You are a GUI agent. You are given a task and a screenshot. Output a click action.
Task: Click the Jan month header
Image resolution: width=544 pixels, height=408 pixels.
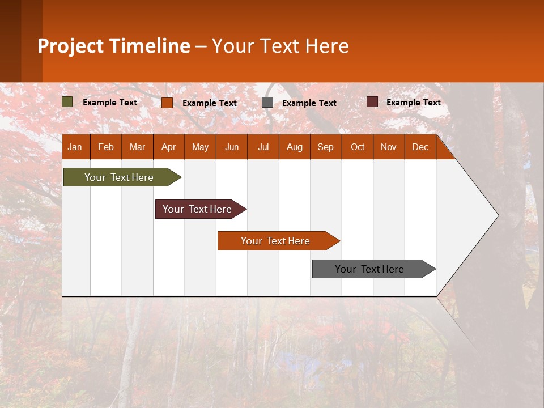(x=75, y=147)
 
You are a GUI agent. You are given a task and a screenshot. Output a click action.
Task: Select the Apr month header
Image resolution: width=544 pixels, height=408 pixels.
(x=168, y=147)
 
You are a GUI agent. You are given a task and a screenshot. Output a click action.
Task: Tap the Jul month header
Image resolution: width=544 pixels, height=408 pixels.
(x=263, y=147)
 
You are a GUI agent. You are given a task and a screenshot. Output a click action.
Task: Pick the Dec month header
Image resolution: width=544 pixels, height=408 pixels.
(x=420, y=147)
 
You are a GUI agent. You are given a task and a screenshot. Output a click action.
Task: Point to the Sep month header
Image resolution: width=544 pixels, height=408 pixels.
(x=325, y=147)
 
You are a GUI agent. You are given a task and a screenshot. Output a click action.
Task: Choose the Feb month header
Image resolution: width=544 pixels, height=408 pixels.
(x=106, y=147)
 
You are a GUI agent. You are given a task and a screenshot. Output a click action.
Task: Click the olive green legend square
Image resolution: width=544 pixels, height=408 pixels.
(x=67, y=102)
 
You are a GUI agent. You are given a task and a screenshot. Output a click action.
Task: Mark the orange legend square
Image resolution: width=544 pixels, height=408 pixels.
(x=167, y=103)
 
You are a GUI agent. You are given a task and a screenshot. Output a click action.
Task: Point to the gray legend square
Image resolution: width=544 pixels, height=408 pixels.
(x=267, y=103)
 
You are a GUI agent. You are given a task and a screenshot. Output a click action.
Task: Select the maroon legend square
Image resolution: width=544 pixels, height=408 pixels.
(x=372, y=102)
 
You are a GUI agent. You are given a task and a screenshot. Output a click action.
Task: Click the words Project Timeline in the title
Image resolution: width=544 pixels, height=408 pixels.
(x=114, y=46)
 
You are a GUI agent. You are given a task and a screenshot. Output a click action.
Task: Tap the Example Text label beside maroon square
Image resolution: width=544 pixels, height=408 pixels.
(x=413, y=103)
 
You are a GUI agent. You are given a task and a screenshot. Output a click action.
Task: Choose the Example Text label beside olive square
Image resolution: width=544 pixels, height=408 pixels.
(x=109, y=103)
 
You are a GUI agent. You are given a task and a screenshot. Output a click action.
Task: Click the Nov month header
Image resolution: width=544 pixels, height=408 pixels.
(x=388, y=147)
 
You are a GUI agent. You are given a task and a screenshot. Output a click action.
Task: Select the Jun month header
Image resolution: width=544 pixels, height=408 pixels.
(x=232, y=147)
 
